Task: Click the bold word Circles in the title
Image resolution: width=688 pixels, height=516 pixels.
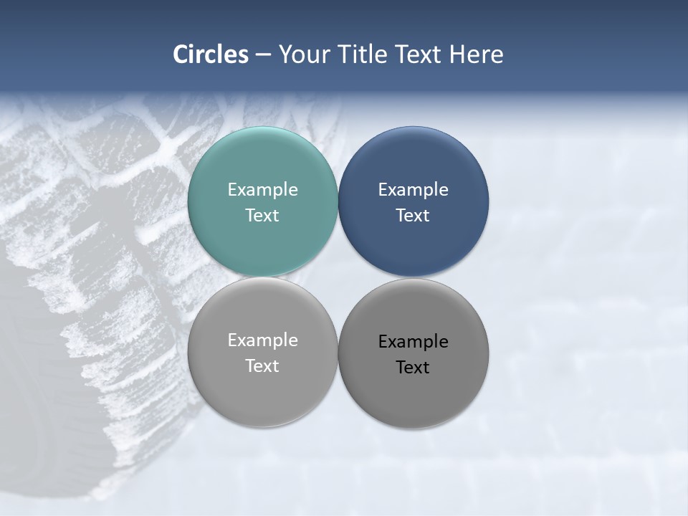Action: [x=211, y=54]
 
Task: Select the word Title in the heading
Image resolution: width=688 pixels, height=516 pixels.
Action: [x=365, y=54]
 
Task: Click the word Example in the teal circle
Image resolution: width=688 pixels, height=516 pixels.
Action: [x=262, y=190]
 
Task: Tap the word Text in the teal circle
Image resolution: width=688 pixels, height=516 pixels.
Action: [x=262, y=216]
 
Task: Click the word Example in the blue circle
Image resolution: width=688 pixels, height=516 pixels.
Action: [x=413, y=190]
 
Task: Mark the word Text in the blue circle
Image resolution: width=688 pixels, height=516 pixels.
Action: [x=413, y=216]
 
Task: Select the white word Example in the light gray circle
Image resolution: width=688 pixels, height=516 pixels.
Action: [x=262, y=340]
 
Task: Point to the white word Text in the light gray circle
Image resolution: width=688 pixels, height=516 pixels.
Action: [x=262, y=366]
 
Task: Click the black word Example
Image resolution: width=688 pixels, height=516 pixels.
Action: [x=413, y=342]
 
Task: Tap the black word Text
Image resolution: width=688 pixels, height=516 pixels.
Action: [x=413, y=368]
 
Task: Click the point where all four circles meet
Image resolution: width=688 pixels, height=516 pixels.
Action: [x=338, y=277]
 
